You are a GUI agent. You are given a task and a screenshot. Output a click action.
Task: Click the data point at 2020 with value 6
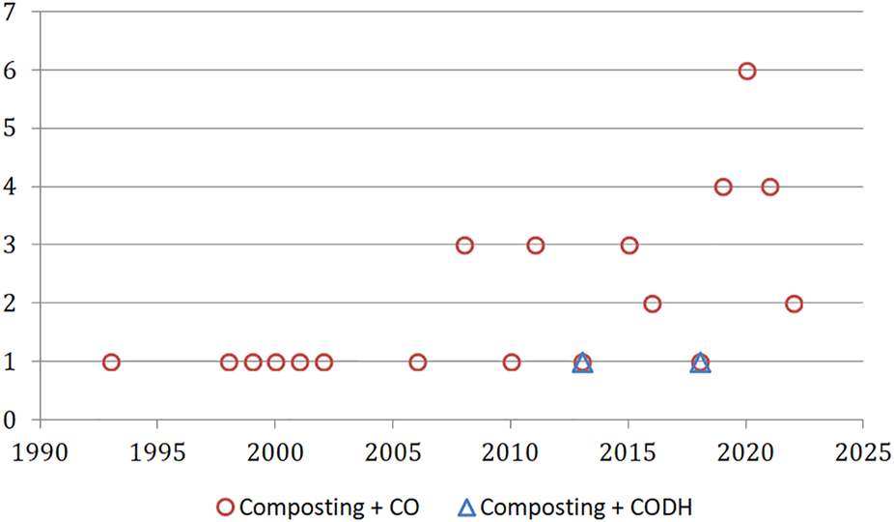(746, 71)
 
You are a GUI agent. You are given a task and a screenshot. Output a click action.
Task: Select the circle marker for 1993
(111, 362)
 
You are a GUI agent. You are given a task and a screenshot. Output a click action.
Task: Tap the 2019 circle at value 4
(723, 188)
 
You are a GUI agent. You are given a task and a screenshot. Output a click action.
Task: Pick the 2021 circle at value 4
(769, 188)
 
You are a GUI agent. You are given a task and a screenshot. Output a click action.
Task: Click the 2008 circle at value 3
(464, 246)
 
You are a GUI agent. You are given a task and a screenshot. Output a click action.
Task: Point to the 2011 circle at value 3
(535, 246)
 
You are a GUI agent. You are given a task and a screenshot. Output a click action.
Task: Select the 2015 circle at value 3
(629, 246)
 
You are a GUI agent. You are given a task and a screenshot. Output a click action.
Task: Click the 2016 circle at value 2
(653, 304)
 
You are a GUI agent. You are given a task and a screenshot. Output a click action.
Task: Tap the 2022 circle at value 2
(794, 304)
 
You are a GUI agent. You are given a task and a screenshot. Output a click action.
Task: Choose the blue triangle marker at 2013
(582, 363)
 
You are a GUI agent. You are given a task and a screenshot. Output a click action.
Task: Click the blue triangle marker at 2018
(700, 363)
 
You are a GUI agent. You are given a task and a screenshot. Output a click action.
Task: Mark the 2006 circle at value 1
(417, 362)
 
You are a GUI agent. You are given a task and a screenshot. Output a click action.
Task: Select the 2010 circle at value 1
(512, 362)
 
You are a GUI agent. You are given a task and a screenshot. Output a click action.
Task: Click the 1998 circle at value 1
(229, 362)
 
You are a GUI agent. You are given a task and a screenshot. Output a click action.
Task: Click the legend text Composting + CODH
(590, 506)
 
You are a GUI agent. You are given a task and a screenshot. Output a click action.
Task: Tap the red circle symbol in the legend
(226, 506)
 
